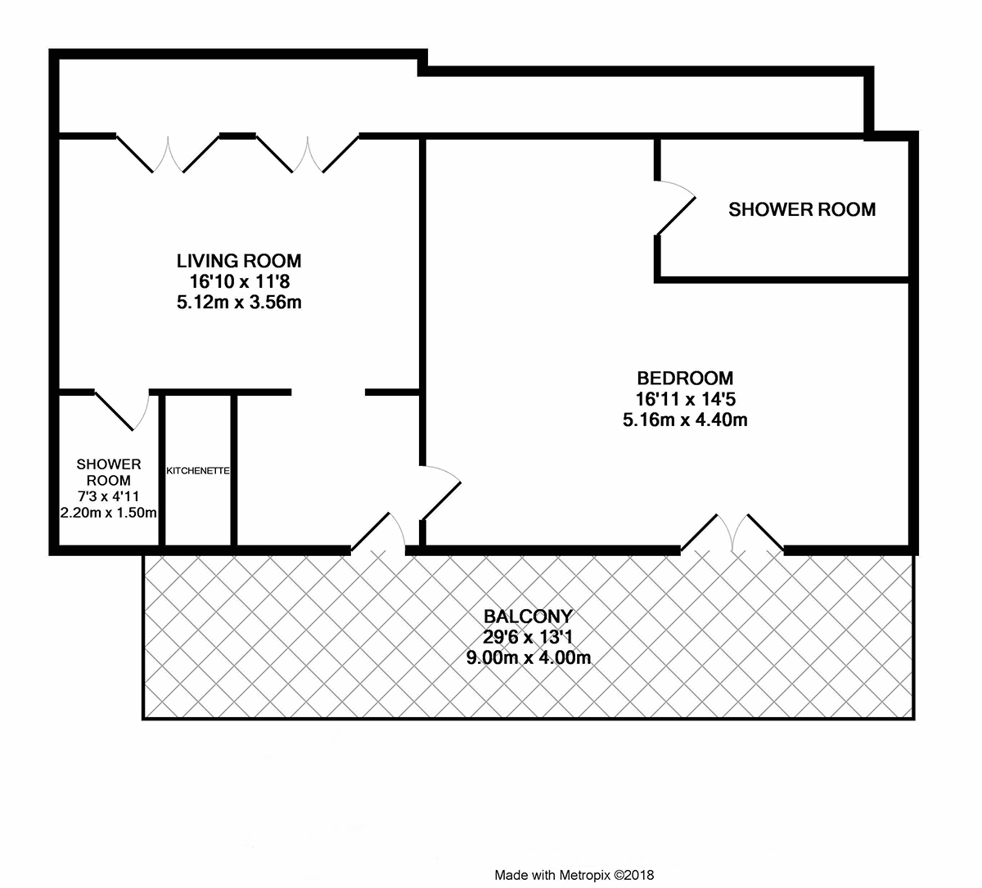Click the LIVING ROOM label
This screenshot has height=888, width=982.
click(x=239, y=261)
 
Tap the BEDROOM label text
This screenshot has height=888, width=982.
click(x=685, y=379)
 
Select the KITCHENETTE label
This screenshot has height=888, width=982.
click(x=198, y=471)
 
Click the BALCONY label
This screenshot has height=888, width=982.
click(x=528, y=616)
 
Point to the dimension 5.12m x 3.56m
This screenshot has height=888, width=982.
click(x=239, y=303)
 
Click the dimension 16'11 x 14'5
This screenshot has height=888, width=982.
click(x=685, y=399)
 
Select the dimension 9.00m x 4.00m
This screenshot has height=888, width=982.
click(x=529, y=657)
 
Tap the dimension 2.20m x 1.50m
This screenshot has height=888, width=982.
click(x=108, y=513)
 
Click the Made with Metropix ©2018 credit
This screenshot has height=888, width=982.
click(x=574, y=875)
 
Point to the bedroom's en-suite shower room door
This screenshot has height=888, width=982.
click(x=676, y=208)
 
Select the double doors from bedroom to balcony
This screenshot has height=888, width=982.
click(x=732, y=533)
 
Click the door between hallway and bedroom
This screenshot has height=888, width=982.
click(x=440, y=492)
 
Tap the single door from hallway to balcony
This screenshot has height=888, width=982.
click(x=378, y=533)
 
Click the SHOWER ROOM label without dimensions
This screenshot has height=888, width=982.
click(x=802, y=209)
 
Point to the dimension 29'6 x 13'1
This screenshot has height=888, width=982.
click(x=528, y=637)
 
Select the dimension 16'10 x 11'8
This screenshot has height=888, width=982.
click(x=240, y=281)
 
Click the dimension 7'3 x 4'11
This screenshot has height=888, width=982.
click(x=108, y=496)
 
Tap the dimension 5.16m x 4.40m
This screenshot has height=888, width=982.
click(x=685, y=419)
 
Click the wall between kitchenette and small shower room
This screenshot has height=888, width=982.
click(x=161, y=469)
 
